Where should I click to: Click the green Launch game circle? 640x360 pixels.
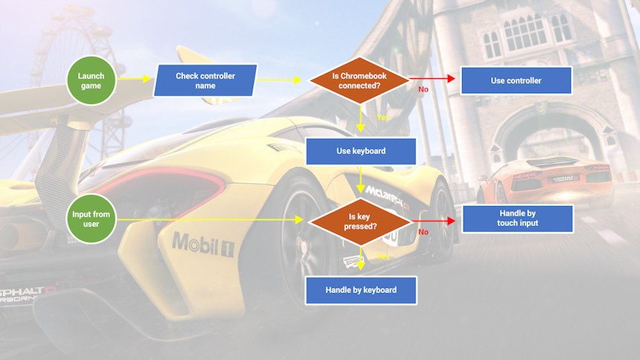pyautogui.click(x=91, y=80)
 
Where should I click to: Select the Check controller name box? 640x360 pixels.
pyautogui.click(x=205, y=80)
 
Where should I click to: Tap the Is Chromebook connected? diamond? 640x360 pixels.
pyautogui.click(x=359, y=80)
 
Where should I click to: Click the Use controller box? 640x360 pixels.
pyautogui.click(x=516, y=80)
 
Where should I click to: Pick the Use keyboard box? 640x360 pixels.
pyautogui.click(x=360, y=151)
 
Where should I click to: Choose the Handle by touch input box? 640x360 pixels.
pyautogui.click(x=517, y=219)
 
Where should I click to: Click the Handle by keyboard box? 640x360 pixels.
pyautogui.click(x=361, y=289)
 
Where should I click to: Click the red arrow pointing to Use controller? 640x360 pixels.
pyautogui.click(x=432, y=78)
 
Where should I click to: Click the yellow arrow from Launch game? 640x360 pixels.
pyautogui.click(x=134, y=79)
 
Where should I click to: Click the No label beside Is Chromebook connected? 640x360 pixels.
pyautogui.click(x=423, y=89)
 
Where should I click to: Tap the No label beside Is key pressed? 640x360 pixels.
pyautogui.click(x=423, y=232)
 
